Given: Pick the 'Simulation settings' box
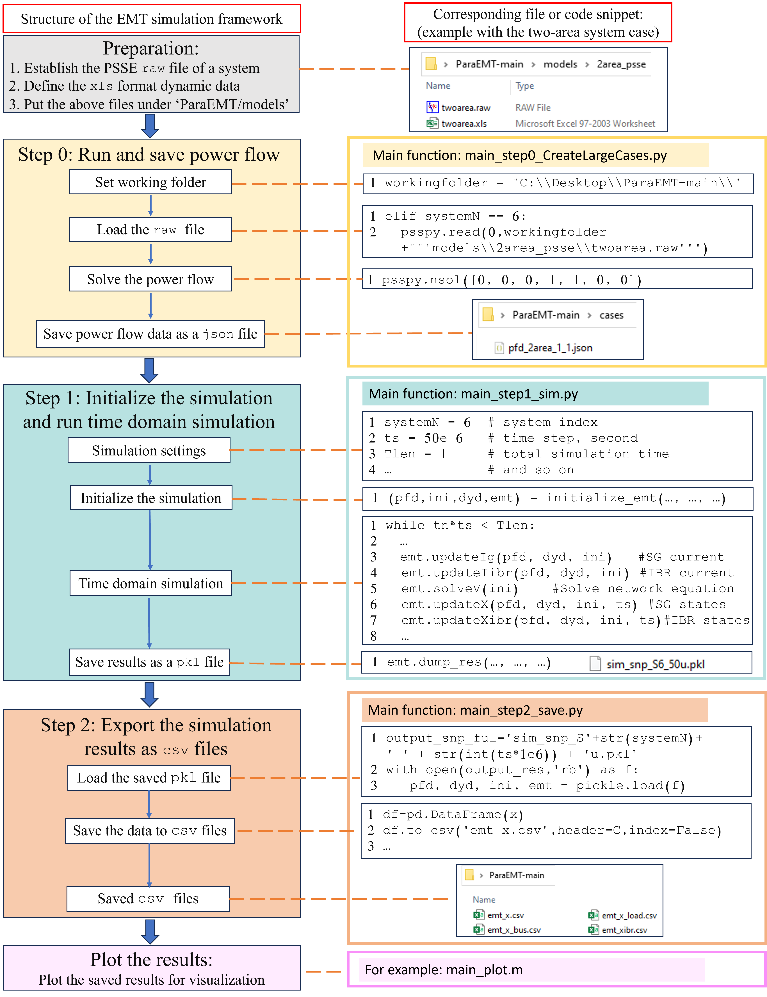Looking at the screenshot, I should [x=149, y=451].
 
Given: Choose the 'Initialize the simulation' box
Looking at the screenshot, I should [x=151, y=498].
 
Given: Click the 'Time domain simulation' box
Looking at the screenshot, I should [x=151, y=583].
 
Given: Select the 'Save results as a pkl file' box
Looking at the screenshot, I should [x=149, y=662].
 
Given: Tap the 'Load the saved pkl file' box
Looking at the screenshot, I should [x=149, y=778].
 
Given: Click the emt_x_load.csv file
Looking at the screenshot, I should [x=629, y=915].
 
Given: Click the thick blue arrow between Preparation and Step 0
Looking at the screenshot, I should [x=150, y=126].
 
